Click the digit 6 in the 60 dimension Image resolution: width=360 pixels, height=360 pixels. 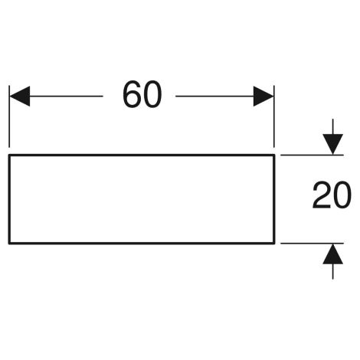(x=132, y=94)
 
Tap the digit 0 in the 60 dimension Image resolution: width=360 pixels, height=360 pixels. (x=152, y=94)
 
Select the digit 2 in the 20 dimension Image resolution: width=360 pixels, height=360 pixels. (x=321, y=195)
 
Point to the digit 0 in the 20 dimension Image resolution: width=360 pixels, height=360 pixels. (x=342, y=195)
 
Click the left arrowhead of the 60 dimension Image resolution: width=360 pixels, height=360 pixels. (x=20, y=97)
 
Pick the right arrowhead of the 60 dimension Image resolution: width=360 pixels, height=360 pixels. (x=263, y=97)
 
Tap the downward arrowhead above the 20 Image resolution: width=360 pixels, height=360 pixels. (x=332, y=144)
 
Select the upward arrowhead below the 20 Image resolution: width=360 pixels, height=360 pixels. (x=332, y=254)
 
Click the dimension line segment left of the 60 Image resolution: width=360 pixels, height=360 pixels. (x=67, y=97)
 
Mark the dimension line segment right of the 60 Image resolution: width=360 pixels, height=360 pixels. (x=214, y=97)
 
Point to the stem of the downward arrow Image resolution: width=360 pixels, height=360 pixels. (x=332, y=126)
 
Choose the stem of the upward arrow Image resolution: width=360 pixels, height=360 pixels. (x=332, y=271)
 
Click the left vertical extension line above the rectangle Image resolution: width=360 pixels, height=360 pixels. (x=9, y=116)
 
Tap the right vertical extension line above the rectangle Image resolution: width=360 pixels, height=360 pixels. (x=274, y=116)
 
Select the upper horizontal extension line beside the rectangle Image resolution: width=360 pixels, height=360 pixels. (x=312, y=155)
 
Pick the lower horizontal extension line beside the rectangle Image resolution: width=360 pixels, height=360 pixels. (x=312, y=244)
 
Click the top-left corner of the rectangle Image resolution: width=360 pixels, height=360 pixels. (x=9, y=155)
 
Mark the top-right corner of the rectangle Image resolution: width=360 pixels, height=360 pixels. (x=274, y=155)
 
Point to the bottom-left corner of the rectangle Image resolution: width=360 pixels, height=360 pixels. (x=9, y=244)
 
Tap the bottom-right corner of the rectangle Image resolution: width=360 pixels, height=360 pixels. (x=274, y=244)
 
